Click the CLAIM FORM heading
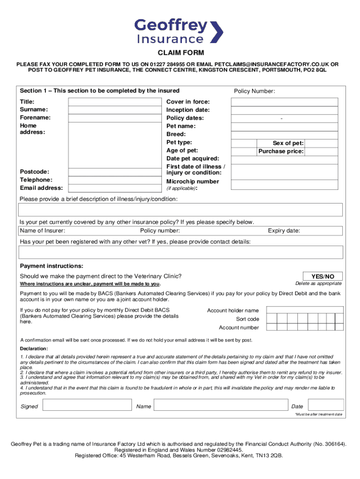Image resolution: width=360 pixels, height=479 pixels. click(180, 53)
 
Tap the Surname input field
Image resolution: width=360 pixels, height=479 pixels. click(112, 110)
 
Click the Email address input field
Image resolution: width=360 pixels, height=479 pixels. click(112, 189)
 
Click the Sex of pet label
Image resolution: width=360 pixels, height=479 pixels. click(288, 143)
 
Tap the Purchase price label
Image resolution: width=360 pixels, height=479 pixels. click(281, 152)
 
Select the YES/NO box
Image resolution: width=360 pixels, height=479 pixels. click(323, 276)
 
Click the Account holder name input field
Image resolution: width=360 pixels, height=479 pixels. click(304, 311)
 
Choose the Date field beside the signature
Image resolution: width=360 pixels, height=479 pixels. click(324, 406)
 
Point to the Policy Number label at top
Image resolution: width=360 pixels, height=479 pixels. click(254, 92)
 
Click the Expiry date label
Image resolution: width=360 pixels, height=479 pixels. click(284, 231)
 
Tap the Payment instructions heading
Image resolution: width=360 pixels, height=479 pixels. click(51, 266)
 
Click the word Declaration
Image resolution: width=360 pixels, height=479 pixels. click(34, 349)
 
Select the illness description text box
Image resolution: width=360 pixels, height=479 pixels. click(180, 210)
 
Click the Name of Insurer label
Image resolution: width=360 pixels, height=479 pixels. click(43, 231)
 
